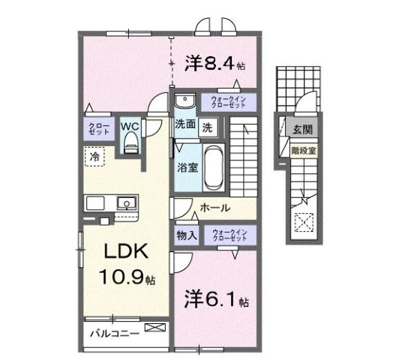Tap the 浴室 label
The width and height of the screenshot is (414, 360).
[x=187, y=167]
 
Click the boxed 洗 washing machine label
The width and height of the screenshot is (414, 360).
[x=207, y=127]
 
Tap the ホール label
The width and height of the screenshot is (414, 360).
[x=214, y=208]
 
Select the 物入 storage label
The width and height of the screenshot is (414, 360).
[x=187, y=235]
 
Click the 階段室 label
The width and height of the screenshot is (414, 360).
[x=302, y=149]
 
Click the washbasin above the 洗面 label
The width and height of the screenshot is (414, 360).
[x=184, y=103]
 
